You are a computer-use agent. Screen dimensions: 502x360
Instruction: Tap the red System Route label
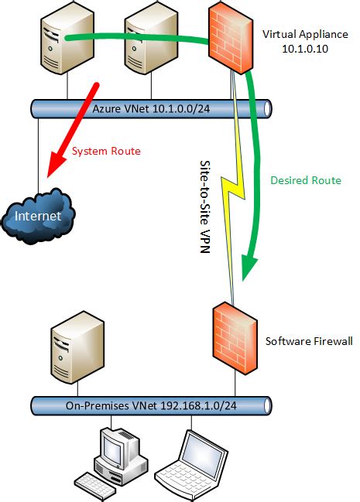tap(106, 151)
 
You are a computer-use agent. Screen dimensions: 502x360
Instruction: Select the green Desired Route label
tap(305, 180)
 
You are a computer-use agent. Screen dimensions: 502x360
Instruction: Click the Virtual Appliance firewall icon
tap(231, 37)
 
